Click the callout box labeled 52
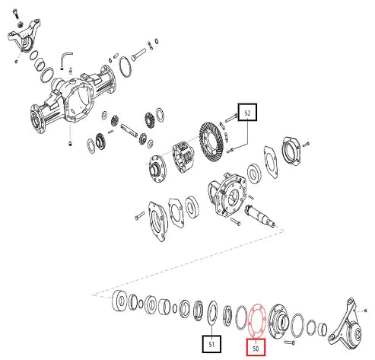[x=247, y=112]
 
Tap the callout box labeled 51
[x=211, y=344]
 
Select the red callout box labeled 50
[x=256, y=347]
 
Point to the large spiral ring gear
[x=211, y=141]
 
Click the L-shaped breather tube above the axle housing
[x=66, y=60]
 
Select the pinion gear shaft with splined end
[x=260, y=215]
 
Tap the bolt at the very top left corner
[x=16, y=13]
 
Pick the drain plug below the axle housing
[x=70, y=144]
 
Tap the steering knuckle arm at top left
[x=24, y=36]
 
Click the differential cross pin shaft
[x=129, y=129]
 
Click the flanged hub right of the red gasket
[x=278, y=321]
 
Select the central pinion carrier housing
[x=227, y=195]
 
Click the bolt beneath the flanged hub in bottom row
[x=290, y=342]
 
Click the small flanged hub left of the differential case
[x=157, y=168]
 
